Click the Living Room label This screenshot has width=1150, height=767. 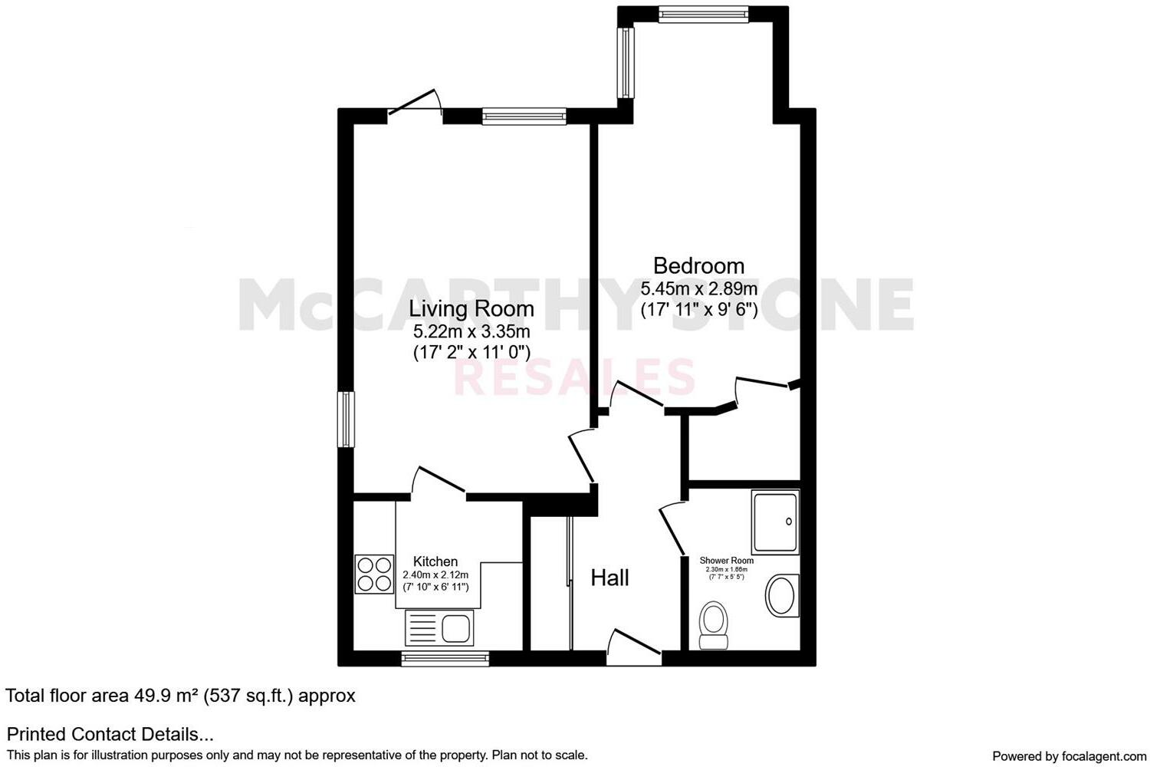(471, 308)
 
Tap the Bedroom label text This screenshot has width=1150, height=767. (698, 265)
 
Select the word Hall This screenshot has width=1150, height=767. (609, 578)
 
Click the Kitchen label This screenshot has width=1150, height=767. (435, 561)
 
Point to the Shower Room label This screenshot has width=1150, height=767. (726, 561)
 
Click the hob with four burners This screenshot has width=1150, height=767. (374, 574)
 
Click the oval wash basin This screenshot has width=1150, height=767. (782, 595)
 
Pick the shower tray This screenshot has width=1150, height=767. (775, 522)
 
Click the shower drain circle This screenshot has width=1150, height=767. (790, 522)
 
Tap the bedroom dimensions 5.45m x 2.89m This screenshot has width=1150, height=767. (698, 289)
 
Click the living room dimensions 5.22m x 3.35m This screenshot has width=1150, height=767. (471, 331)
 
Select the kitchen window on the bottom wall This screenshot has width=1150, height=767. (445, 658)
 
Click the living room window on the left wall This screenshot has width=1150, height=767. (347, 419)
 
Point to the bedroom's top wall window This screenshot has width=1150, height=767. (702, 13)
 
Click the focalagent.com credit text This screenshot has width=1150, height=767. (1069, 755)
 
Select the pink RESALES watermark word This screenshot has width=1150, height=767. (575, 377)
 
